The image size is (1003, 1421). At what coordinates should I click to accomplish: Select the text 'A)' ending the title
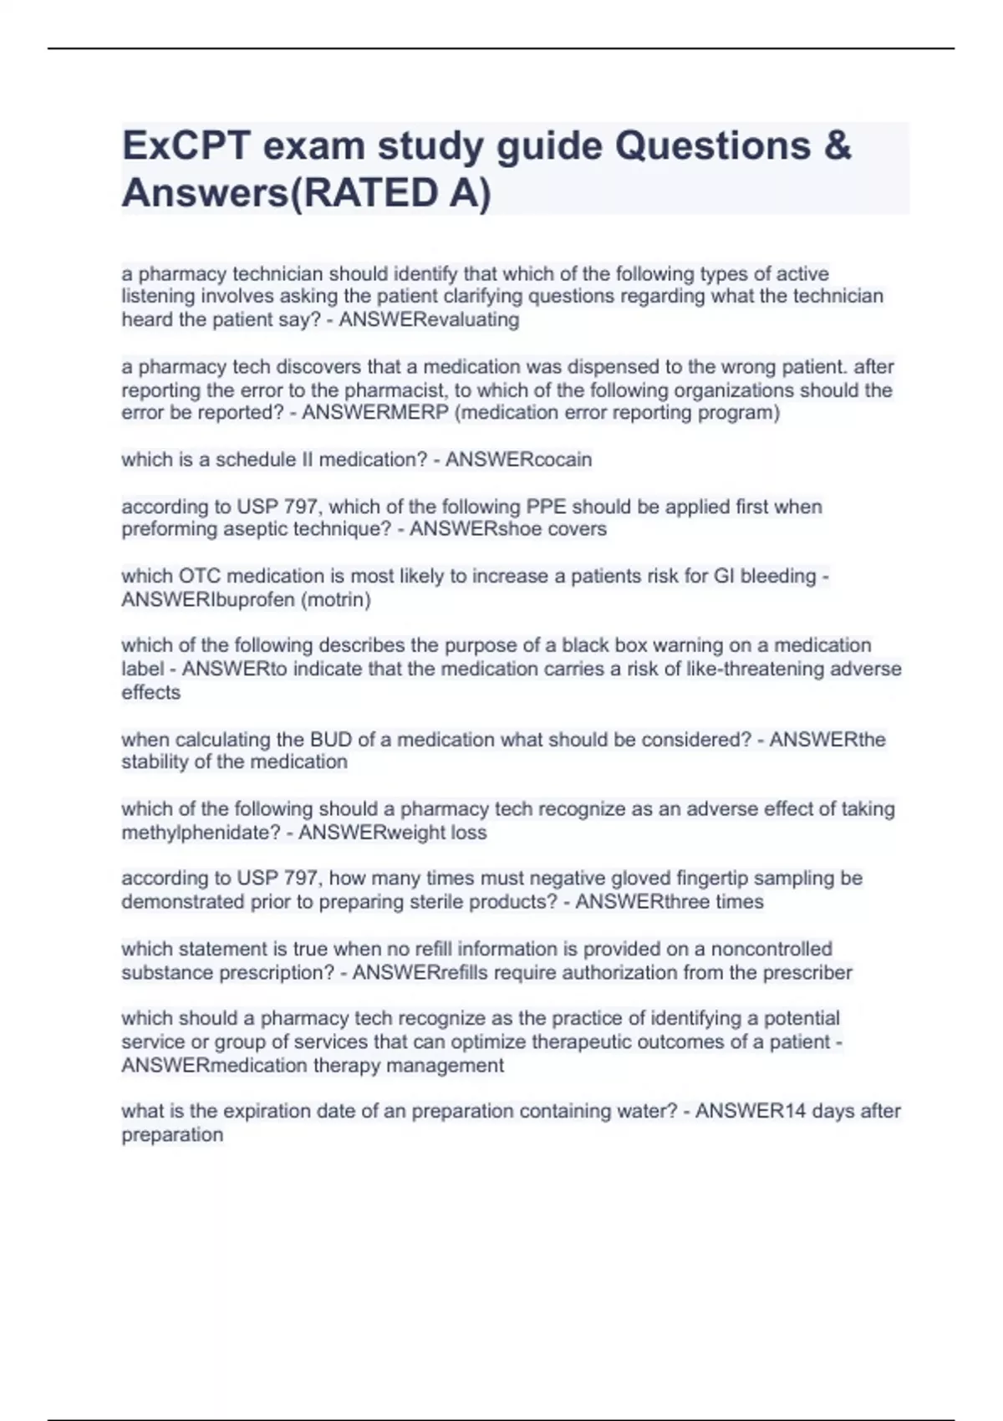pos(470,194)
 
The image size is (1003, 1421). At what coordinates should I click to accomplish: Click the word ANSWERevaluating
pos(429,320)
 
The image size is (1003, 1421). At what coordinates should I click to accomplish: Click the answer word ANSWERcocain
pos(518,460)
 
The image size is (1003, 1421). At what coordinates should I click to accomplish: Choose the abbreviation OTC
pos(198,576)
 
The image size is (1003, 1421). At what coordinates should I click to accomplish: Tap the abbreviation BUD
pos(331,740)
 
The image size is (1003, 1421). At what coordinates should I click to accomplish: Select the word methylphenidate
pos(201,833)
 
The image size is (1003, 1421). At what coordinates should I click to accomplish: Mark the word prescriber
pos(807,973)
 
